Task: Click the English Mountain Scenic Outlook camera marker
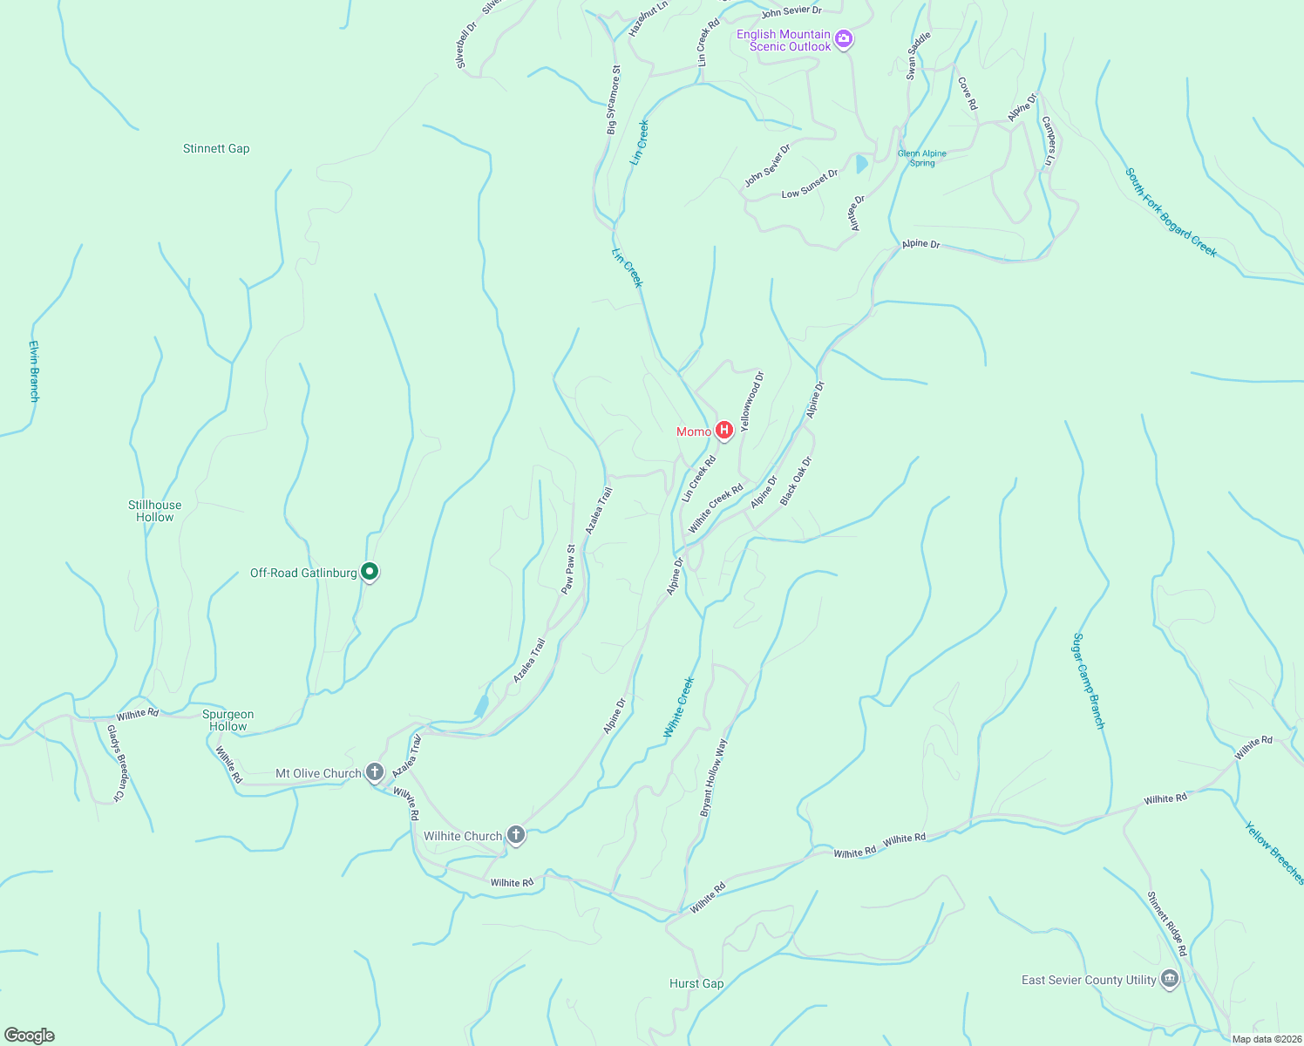843,39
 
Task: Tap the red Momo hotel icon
723,431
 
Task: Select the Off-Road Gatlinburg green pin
370,572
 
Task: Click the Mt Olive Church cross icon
375,772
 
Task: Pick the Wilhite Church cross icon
516,835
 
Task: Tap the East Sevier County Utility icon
1170,979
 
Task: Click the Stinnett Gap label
216,149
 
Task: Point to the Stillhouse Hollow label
154,511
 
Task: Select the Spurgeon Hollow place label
228,720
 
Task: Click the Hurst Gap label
696,983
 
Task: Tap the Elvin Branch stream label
34,371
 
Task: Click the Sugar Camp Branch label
1089,681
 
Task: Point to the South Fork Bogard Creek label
1171,213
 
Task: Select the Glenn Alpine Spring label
921,158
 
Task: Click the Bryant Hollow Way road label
713,778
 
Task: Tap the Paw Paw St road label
568,569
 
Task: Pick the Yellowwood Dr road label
751,401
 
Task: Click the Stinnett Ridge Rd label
1167,923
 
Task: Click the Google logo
30,1036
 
